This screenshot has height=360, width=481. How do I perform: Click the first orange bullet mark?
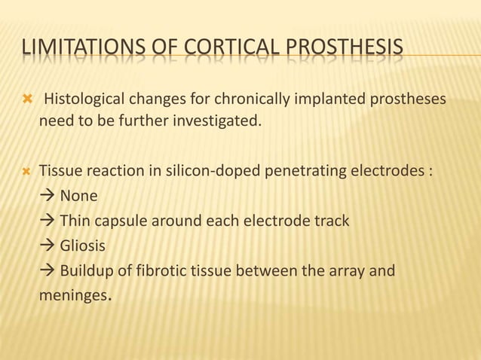point(26,99)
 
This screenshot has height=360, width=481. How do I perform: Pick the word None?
point(78,196)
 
